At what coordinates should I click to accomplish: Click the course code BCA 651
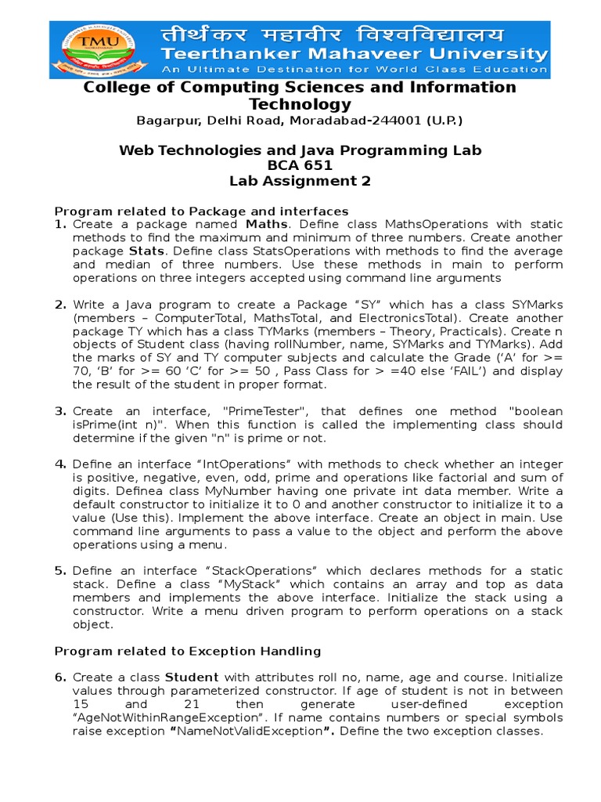[x=300, y=165]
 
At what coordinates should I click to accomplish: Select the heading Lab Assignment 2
[x=300, y=181]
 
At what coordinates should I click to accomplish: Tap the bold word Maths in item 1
[x=266, y=225]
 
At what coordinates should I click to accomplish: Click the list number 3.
[x=60, y=411]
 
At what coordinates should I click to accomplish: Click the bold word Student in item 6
[x=192, y=677]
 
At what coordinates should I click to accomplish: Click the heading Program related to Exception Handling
[x=187, y=651]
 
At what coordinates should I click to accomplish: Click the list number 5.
[x=60, y=571]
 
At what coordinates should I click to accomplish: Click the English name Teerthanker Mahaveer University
[x=354, y=54]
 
